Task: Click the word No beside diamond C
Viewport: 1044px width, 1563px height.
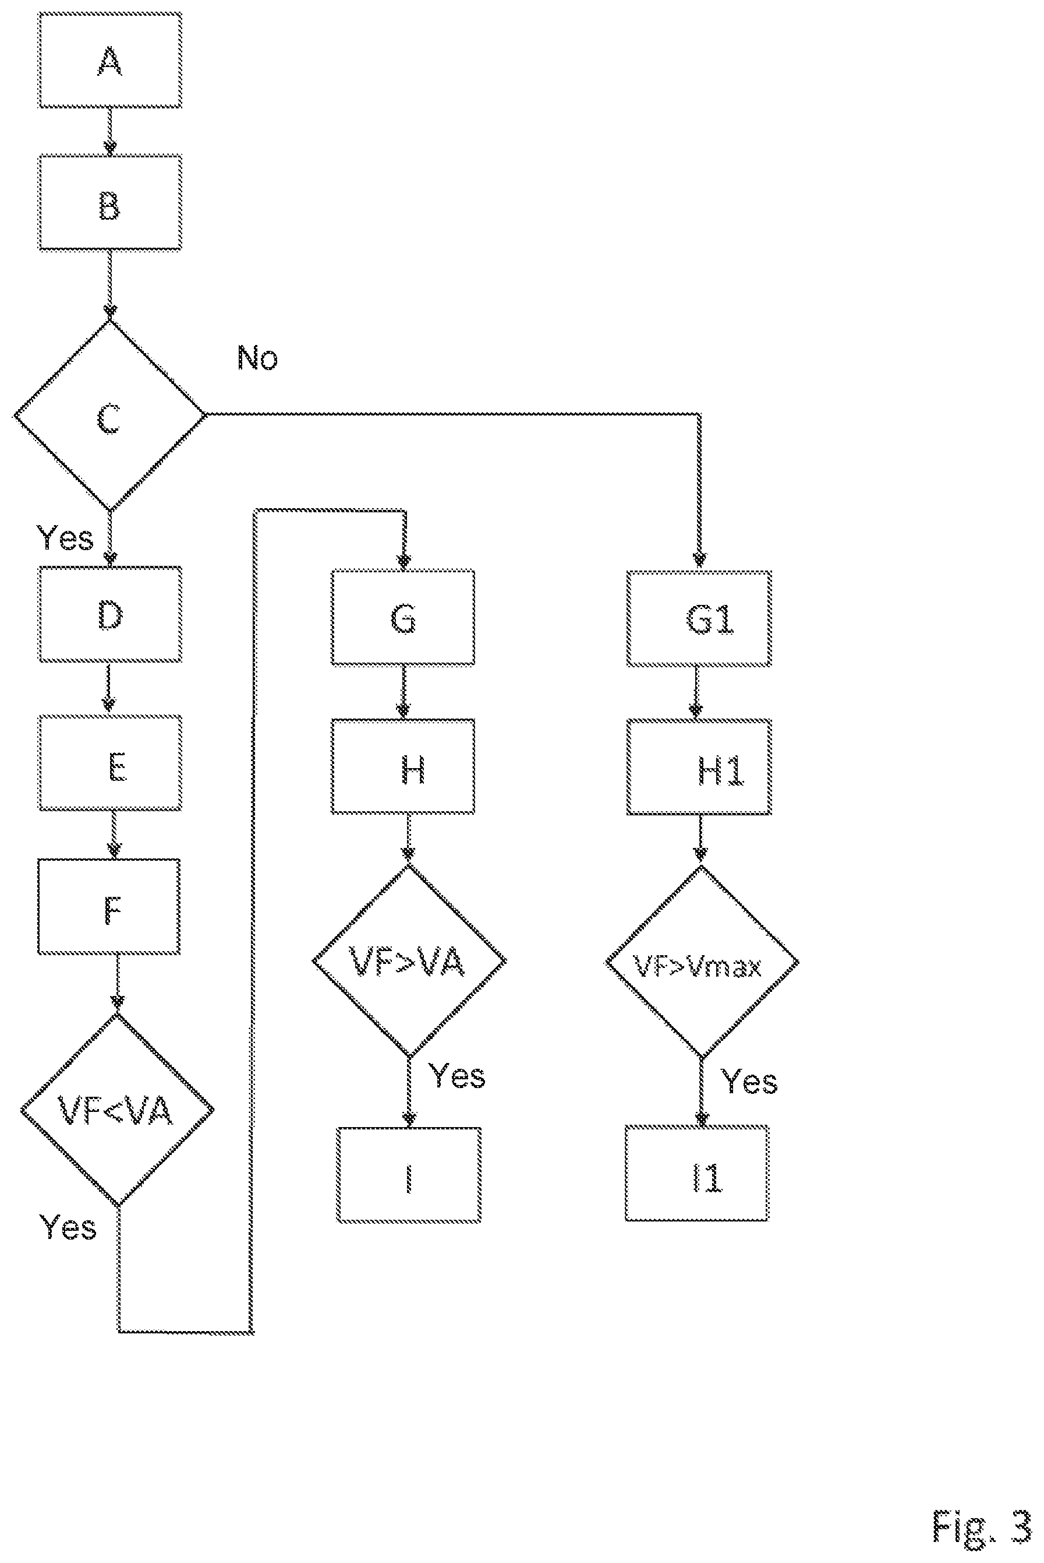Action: point(258,358)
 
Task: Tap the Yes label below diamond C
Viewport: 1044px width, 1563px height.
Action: point(65,538)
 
